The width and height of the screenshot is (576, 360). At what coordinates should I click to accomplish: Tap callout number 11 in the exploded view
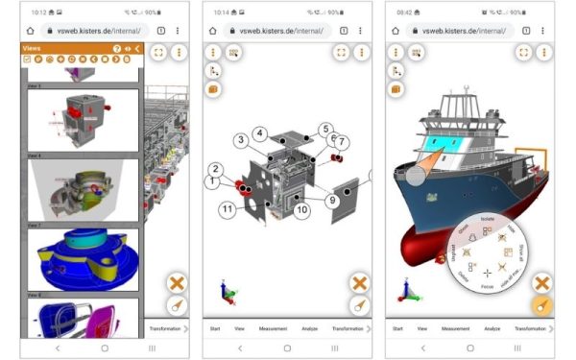tap(227, 208)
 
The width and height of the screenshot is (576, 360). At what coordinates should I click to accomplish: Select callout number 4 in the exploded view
tap(260, 132)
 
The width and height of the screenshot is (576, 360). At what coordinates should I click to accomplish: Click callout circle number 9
tap(331, 201)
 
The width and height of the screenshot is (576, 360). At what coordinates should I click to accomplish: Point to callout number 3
tap(240, 141)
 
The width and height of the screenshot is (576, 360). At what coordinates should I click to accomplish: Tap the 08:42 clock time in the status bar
tap(402, 12)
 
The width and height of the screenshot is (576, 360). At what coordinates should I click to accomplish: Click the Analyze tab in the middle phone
tap(309, 328)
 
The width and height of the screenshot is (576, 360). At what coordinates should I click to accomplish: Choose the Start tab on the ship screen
tap(397, 328)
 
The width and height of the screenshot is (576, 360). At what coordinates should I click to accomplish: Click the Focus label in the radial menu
tap(487, 285)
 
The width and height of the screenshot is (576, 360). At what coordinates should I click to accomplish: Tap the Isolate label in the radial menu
tap(489, 219)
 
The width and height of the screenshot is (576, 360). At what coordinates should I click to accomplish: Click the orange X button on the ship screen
tap(541, 283)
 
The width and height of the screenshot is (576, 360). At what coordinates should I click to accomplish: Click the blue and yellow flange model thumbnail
tap(83, 259)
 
